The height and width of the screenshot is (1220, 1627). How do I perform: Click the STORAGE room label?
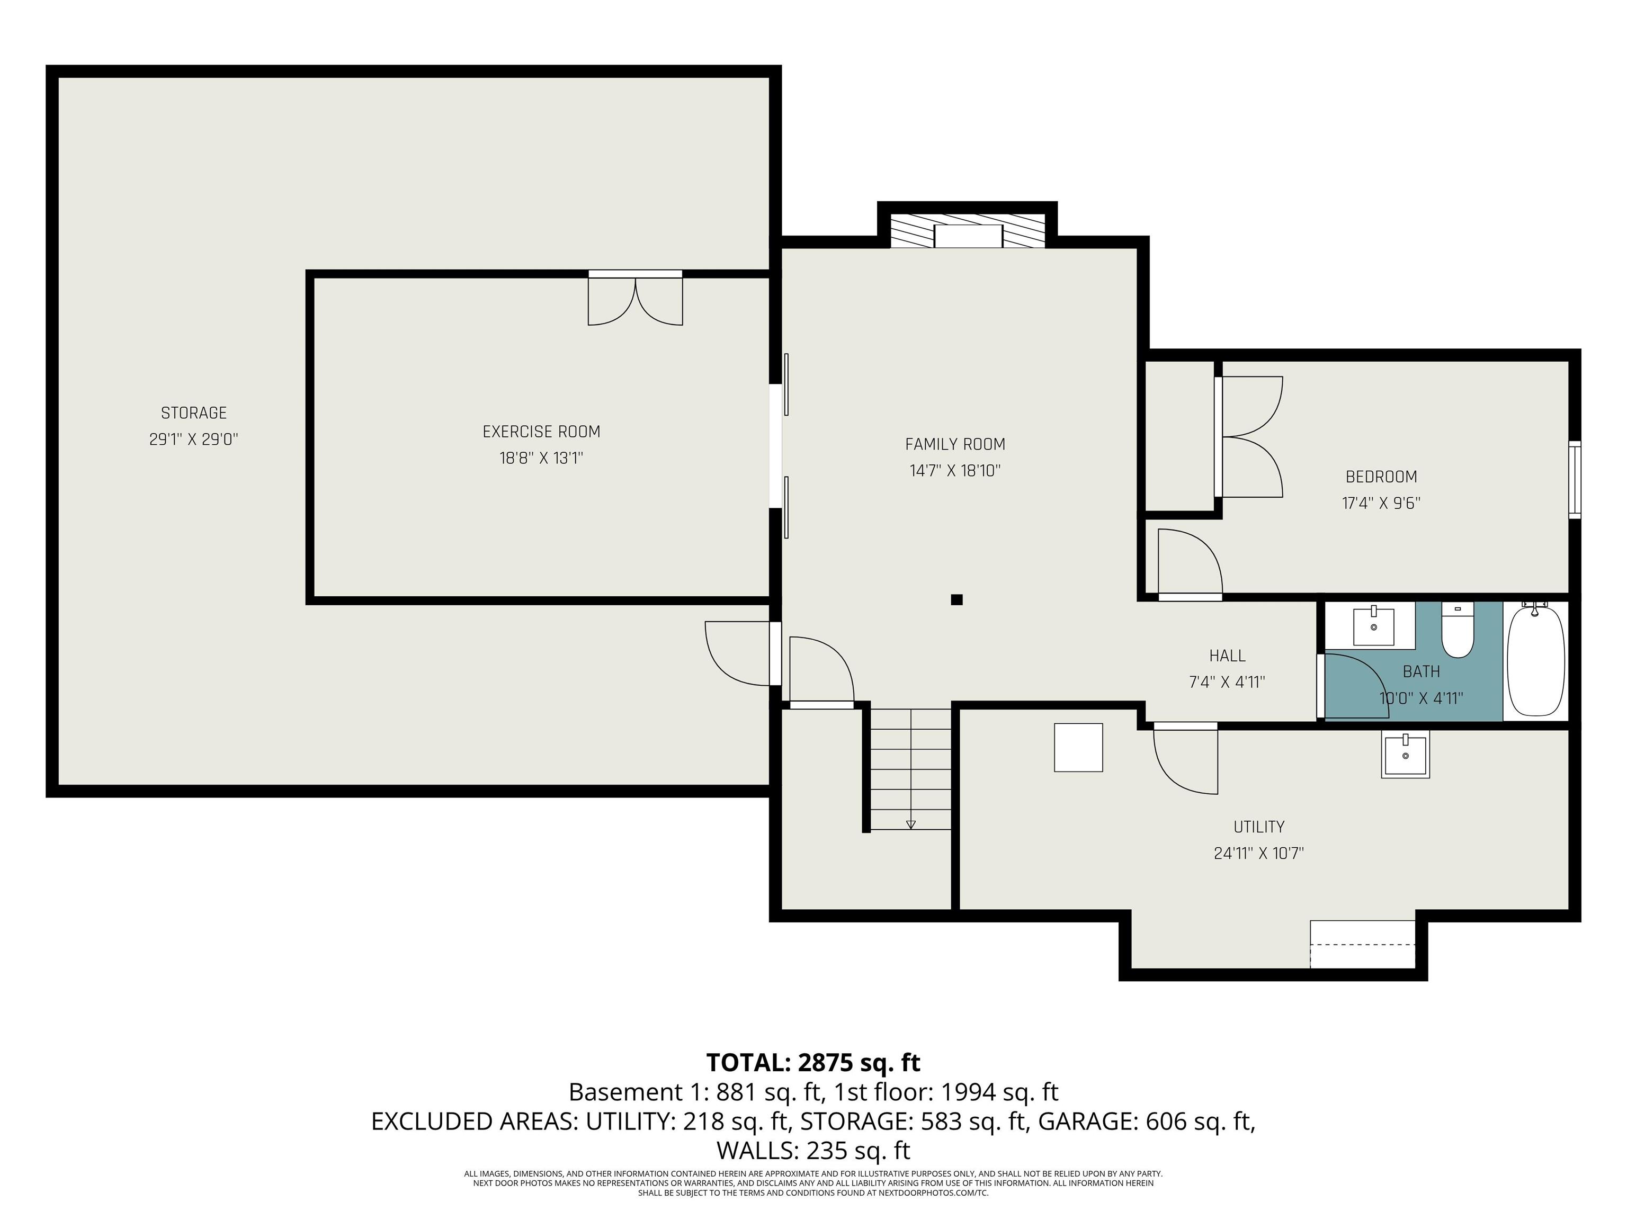[193, 412]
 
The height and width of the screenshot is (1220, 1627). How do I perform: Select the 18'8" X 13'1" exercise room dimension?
[541, 458]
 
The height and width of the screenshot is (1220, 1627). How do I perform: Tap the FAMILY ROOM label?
[955, 444]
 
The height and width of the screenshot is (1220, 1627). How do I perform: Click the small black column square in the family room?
[956, 599]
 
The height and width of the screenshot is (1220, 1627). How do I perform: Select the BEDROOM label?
[1381, 477]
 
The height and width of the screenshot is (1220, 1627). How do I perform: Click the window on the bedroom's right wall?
[1574, 479]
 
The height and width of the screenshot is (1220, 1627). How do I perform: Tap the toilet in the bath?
[1457, 631]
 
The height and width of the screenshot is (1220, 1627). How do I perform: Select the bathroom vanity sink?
[1373, 626]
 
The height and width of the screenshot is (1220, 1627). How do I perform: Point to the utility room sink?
[1405, 755]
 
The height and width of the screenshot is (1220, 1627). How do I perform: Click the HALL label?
[1227, 655]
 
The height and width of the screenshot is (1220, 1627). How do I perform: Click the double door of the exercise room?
[635, 299]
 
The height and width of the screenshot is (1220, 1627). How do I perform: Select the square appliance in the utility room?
[1078, 747]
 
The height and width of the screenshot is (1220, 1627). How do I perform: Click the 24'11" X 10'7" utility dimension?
[1258, 853]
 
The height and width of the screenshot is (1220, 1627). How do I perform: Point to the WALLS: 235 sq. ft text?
[813, 1150]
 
